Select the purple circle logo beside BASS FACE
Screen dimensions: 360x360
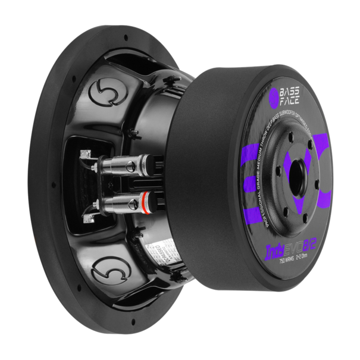click(274, 95)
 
